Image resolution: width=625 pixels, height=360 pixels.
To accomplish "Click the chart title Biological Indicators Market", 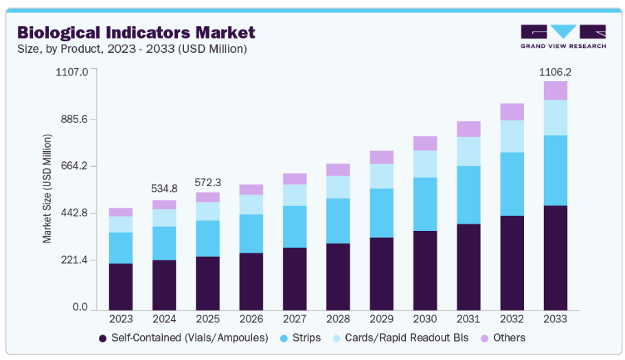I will pos(135,32).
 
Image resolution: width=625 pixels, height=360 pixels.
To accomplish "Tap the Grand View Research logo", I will pos(563,36).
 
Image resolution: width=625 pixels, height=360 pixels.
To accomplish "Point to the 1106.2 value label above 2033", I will pos(555,71).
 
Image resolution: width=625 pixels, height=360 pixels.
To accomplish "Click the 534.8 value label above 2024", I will pos(164,188).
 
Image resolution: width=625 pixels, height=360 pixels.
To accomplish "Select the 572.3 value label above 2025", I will pos(207,182).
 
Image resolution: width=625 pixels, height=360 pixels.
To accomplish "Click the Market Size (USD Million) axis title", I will pos(47,189).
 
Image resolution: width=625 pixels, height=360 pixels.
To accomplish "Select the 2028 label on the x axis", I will pos(338,319).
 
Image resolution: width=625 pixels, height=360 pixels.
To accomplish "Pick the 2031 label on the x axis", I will pos(468,319).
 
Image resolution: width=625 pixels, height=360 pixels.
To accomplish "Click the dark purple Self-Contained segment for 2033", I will pos(555,258).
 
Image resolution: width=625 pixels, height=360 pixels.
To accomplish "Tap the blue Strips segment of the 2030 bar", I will pos(425,204).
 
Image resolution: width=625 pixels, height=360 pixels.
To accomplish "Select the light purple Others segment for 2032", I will pos(512,112).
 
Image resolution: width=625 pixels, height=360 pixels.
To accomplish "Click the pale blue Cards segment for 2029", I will pos(381,176).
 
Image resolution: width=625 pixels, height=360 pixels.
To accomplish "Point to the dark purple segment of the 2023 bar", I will pos(121,286).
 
